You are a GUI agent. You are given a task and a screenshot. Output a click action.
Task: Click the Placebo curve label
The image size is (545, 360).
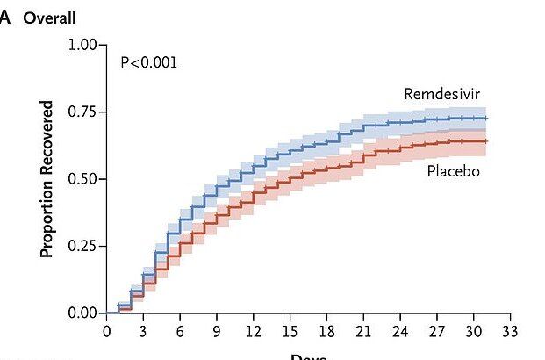pos(453,170)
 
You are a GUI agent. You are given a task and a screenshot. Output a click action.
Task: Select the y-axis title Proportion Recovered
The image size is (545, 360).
pos(47,179)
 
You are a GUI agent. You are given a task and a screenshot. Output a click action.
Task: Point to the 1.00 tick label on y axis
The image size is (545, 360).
pos(82,44)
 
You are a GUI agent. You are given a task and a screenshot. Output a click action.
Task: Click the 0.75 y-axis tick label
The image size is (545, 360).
pos(82,112)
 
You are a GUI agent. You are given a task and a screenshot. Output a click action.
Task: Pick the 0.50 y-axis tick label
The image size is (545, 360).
pos(82,179)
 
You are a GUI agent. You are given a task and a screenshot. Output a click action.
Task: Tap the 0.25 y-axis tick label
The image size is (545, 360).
pos(82,246)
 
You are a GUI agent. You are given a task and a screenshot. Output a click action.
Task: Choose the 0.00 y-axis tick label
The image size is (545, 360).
pos(82,313)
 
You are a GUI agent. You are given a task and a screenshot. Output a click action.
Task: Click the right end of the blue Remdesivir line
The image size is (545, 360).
pos(485,118)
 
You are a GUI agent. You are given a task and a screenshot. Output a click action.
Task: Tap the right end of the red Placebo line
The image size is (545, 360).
pos(485,141)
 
